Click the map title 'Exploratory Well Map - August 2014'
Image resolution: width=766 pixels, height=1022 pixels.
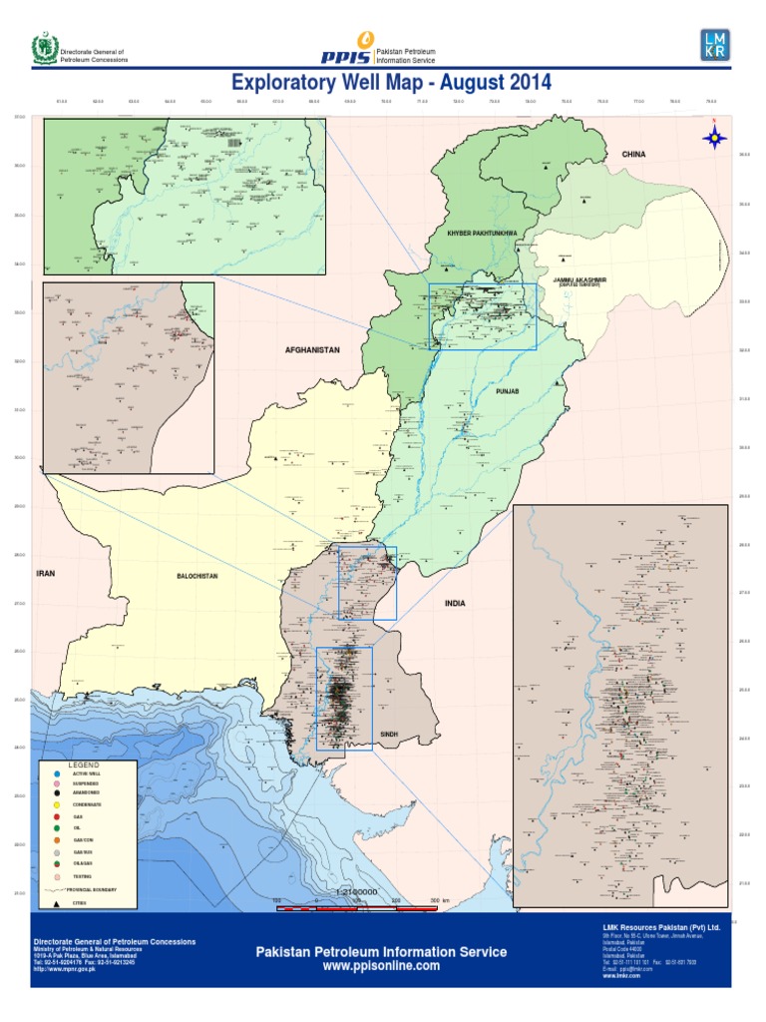390,82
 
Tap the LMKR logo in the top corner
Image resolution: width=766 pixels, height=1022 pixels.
715,45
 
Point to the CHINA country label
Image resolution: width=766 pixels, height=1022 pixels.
634,155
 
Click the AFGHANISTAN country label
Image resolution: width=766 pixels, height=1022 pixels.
313,350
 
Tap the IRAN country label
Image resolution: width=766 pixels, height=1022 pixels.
44,574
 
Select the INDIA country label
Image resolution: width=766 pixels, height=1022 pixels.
455,604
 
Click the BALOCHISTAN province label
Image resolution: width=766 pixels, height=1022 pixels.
196,577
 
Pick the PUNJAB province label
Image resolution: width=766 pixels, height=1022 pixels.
509,393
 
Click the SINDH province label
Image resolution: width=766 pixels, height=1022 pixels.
389,734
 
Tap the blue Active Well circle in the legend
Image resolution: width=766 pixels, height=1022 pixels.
58,773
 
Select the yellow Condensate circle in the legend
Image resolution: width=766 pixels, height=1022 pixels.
58,803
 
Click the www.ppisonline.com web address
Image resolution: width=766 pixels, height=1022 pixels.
381,966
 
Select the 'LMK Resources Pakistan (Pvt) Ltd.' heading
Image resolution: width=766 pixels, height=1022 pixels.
660,928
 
